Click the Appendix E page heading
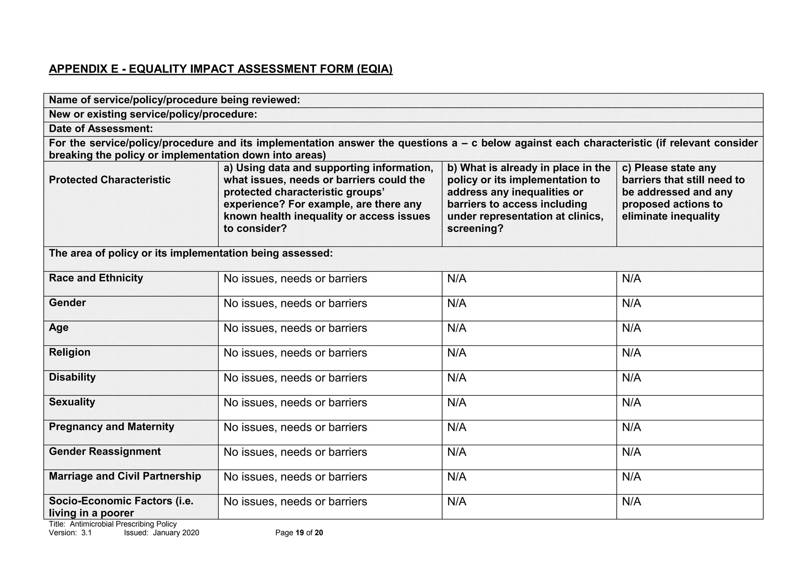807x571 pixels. pyautogui.click(x=221, y=69)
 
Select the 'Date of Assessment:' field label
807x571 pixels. pyautogui.click(x=100, y=129)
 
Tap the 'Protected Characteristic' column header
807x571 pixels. pyautogui.click(x=110, y=180)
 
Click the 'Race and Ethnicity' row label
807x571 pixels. pyautogui.click(x=96, y=278)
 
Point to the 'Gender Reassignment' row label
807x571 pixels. pyautogui.click(x=105, y=452)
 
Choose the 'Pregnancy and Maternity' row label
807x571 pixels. pyautogui.click(x=112, y=427)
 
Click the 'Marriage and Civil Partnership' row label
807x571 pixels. pyautogui.click(x=125, y=476)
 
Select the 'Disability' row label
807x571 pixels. pyautogui.click(x=72, y=377)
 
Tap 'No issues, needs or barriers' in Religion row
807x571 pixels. pyautogui.click(x=295, y=353)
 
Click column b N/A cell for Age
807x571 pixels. pyautogui.click(x=457, y=328)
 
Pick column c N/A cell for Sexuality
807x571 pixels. pyautogui.click(x=631, y=403)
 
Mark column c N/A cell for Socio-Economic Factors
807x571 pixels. pyautogui.click(x=631, y=502)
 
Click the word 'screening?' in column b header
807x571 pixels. pyautogui.click(x=475, y=229)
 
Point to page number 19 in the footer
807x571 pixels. pyautogui.click(x=299, y=533)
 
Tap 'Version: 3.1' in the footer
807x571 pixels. pyautogui.click(x=70, y=533)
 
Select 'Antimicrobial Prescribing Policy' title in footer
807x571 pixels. pyautogui.click(x=123, y=524)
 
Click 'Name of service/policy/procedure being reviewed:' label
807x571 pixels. pyautogui.click(x=174, y=100)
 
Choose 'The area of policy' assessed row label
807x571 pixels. pyautogui.click(x=191, y=253)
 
